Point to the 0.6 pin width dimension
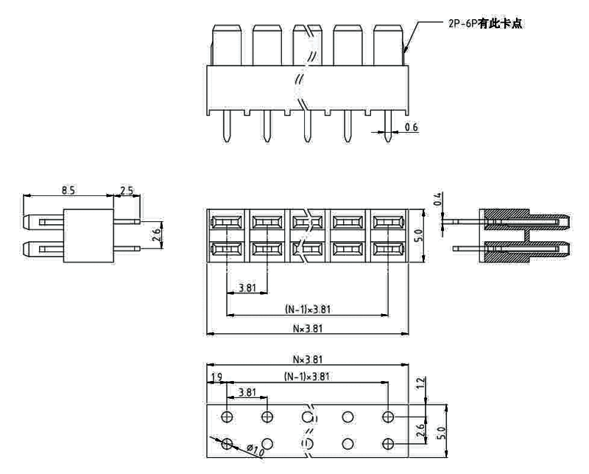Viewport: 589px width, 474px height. point(411,128)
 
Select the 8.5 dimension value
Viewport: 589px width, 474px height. point(68,190)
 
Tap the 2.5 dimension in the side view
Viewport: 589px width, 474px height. point(127,190)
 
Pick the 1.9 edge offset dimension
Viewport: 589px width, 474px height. point(216,377)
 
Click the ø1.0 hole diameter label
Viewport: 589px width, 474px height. point(255,448)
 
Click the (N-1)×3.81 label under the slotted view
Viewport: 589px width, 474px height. point(308,310)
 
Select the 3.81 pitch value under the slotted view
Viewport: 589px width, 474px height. point(247,287)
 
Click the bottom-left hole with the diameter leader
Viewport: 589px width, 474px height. point(227,443)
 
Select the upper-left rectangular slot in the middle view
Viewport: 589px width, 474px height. point(226,222)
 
